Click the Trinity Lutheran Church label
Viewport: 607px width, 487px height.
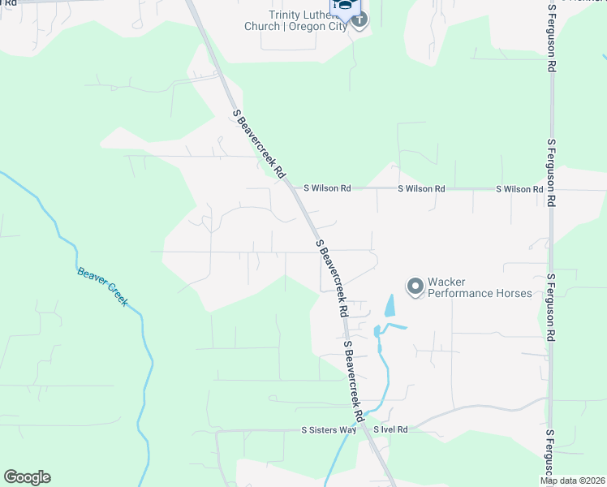(307, 19)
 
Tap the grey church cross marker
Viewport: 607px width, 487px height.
(359, 18)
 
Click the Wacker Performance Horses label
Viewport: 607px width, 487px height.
(480, 287)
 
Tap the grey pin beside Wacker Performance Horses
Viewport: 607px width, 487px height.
(415, 287)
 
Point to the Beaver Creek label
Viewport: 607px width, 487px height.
(103, 287)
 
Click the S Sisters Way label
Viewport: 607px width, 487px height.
(329, 429)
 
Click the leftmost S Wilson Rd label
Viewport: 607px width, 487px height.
(327, 188)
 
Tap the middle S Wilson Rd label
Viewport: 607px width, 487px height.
(421, 188)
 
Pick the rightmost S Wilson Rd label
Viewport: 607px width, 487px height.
(519, 188)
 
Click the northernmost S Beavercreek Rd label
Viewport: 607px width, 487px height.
(260, 144)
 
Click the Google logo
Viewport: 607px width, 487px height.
(27, 477)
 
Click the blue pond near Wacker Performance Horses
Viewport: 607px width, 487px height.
(389, 305)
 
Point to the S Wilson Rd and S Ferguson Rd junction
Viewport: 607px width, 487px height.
(552, 189)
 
